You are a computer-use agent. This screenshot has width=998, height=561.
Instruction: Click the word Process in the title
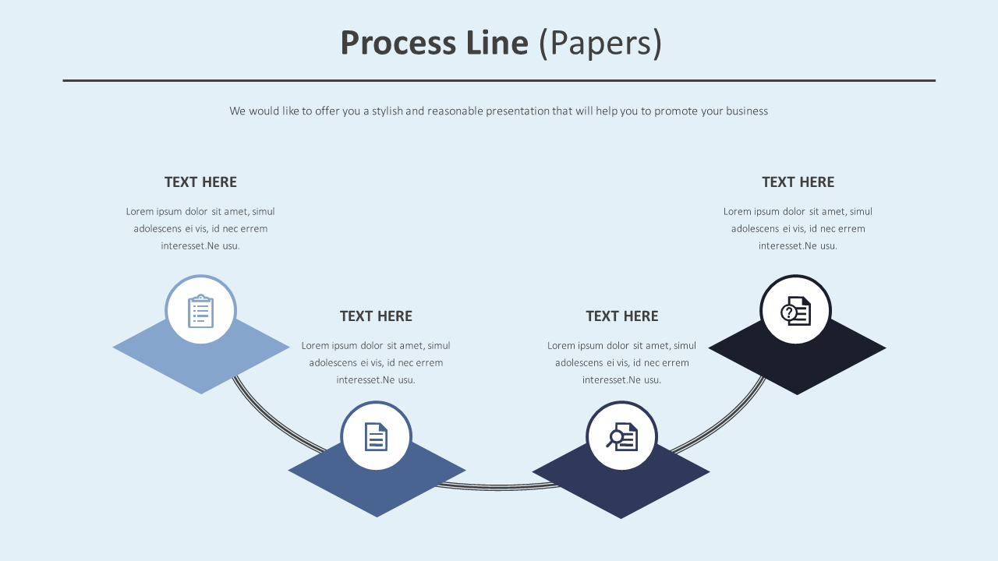pos(398,43)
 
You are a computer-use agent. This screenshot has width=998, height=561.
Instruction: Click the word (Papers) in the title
pos(600,43)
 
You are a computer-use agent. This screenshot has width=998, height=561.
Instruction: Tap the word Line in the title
pos(497,43)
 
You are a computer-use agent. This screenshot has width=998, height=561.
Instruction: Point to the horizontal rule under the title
pos(499,80)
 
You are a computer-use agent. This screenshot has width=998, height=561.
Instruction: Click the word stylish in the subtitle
pos(387,111)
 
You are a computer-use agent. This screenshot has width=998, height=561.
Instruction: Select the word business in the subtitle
pos(747,111)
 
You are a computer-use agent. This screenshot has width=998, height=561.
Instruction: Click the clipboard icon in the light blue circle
pos(200,311)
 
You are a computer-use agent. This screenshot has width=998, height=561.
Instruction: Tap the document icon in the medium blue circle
pos(376,436)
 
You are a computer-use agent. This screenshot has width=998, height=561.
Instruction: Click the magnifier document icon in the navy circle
pos(622,436)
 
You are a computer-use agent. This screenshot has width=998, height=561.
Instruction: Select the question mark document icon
pos(795,311)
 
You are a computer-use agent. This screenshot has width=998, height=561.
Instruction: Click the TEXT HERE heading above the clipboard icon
pos(200,182)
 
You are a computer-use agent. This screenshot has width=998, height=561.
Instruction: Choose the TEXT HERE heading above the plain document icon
pos(376,316)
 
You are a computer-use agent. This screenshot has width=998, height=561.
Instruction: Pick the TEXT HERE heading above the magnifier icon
pos(622,316)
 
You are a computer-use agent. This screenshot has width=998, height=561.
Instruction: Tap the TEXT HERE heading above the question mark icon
pos(798,182)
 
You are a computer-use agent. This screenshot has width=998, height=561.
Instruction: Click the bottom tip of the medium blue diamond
pos(377,514)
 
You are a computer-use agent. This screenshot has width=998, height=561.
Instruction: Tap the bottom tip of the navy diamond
pos(621,516)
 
